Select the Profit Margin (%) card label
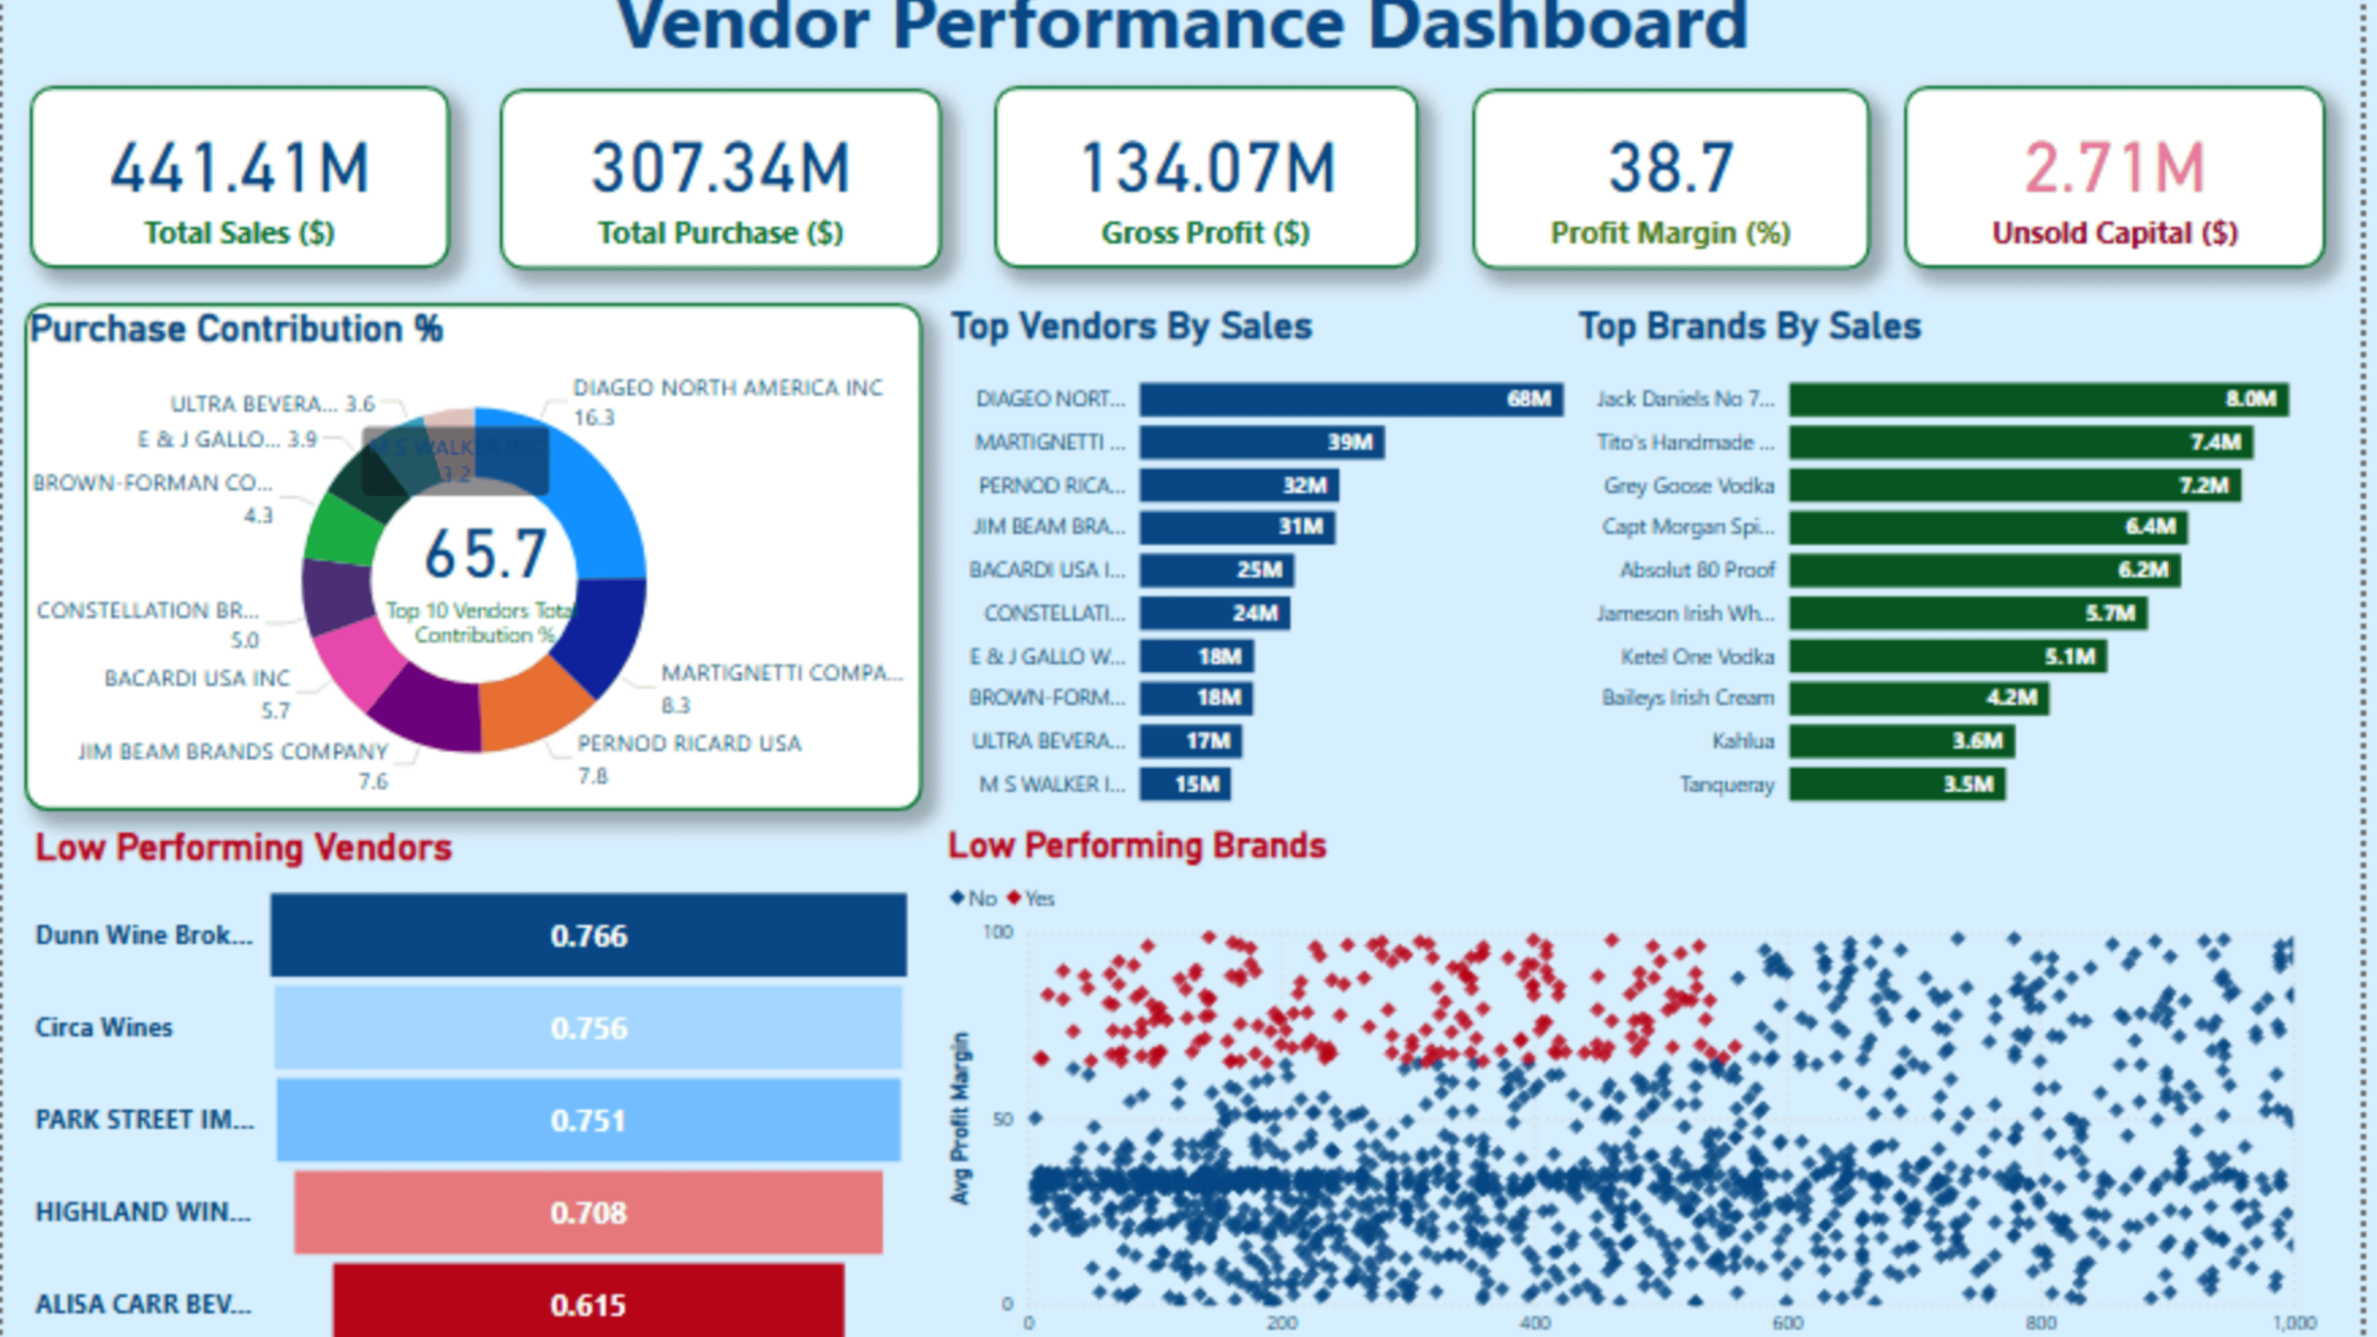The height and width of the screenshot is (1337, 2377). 1670,233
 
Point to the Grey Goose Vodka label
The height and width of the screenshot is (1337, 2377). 1689,485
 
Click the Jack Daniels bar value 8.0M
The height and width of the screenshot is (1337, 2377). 2250,398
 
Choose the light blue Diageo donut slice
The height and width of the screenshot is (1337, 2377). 591,498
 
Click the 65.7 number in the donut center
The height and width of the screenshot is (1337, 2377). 485,554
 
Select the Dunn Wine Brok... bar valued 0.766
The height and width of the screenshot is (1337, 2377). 588,936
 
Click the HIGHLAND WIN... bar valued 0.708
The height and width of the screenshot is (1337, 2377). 588,1212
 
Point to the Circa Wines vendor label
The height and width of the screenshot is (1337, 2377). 103,1027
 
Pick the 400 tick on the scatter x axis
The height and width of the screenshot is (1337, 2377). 1534,1322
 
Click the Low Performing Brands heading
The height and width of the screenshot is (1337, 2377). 1137,845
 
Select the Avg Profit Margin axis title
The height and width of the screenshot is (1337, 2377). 961,1118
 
